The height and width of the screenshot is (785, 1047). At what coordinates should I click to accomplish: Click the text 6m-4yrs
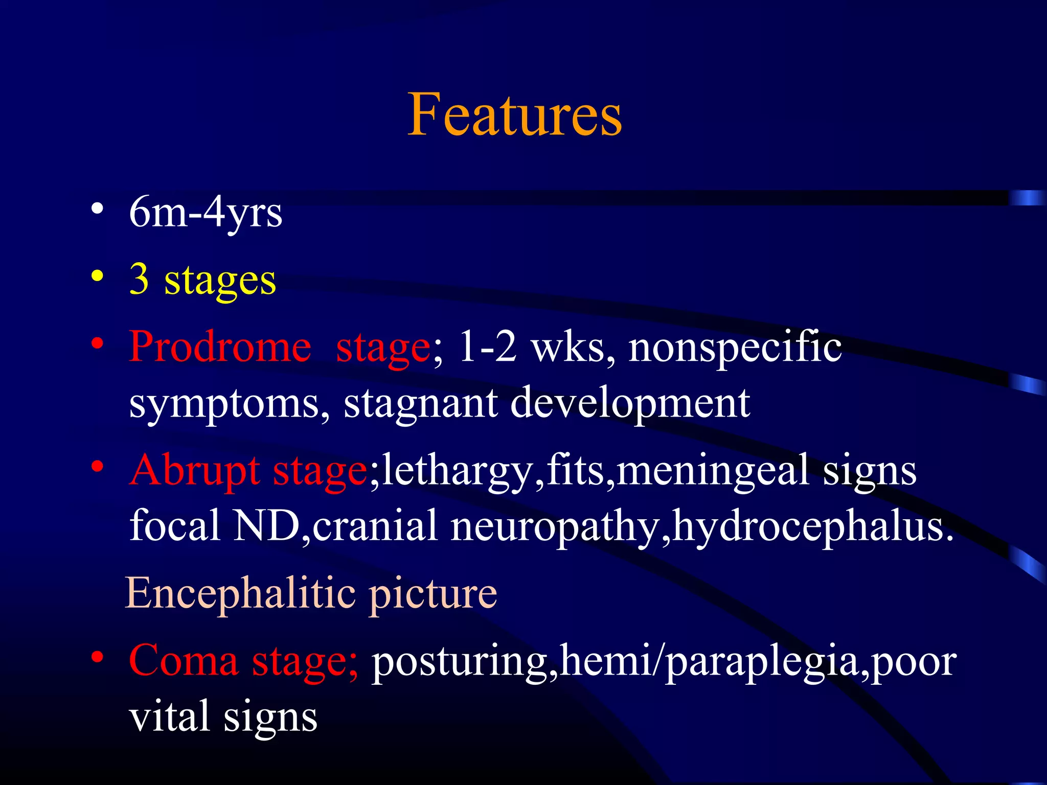point(206,213)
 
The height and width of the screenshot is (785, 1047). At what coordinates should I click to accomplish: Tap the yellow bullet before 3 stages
point(97,276)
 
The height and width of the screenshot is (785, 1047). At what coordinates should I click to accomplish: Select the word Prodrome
point(220,347)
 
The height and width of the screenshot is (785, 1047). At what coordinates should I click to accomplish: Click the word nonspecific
point(735,347)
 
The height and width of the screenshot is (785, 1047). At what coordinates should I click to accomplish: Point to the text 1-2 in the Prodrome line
point(488,347)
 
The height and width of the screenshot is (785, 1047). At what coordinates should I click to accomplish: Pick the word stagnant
point(420,403)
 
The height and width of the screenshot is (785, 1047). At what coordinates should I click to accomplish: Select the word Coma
point(184,661)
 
